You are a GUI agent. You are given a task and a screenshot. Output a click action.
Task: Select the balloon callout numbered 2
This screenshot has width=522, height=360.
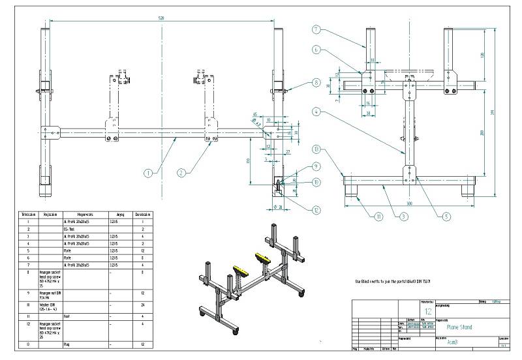coord(182,173)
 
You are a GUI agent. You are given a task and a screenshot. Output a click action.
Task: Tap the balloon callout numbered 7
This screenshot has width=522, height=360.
coord(316,29)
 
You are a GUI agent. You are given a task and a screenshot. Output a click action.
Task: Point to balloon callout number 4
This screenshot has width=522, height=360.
coord(316,112)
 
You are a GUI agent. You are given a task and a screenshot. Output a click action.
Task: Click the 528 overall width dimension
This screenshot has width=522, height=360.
coord(161,18)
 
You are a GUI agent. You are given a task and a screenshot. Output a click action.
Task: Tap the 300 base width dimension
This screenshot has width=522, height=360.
coord(409,203)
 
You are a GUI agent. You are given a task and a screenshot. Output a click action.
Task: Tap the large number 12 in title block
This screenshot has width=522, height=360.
coord(429,312)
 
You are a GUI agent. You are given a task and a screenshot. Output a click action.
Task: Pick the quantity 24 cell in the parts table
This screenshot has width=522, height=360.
coord(142,305)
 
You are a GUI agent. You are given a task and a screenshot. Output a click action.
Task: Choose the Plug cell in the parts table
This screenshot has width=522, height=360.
coord(65,343)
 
